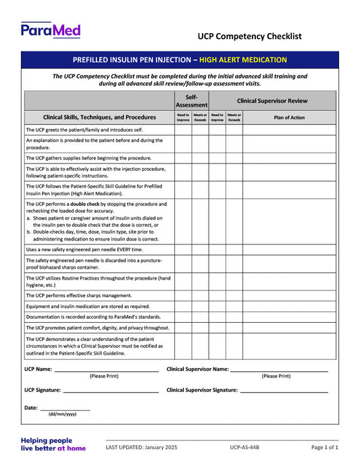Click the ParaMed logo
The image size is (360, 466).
click(51, 30)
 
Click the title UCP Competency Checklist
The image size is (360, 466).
click(249, 36)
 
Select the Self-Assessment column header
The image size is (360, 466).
click(192, 101)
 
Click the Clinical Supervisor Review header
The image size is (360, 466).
click(272, 101)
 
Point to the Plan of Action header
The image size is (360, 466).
click(289, 118)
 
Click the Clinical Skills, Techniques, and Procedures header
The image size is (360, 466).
click(99, 118)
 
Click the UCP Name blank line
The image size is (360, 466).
click(106, 371)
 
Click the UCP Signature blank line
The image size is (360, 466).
click(111, 391)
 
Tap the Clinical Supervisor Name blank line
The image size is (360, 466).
click(279, 371)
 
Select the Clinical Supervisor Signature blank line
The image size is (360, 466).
click(284, 391)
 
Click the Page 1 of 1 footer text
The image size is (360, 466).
click(324, 447)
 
